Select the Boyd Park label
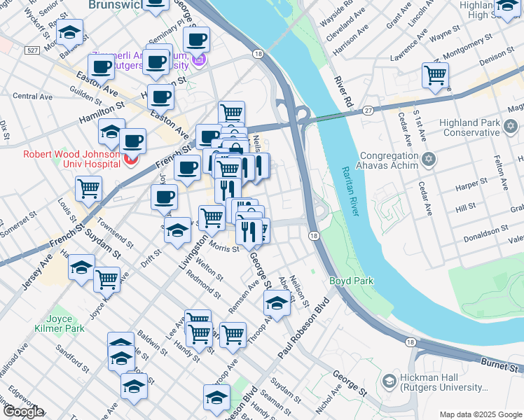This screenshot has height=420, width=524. (x=352, y=281)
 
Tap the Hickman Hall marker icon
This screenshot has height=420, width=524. (x=389, y=381)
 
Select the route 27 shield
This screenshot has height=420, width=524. (x=367, y=110)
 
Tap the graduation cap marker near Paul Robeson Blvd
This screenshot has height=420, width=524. (x=277, y=304)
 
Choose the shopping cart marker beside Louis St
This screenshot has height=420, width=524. (x=89, y=188)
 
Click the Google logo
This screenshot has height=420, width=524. (x=23, y=412)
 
